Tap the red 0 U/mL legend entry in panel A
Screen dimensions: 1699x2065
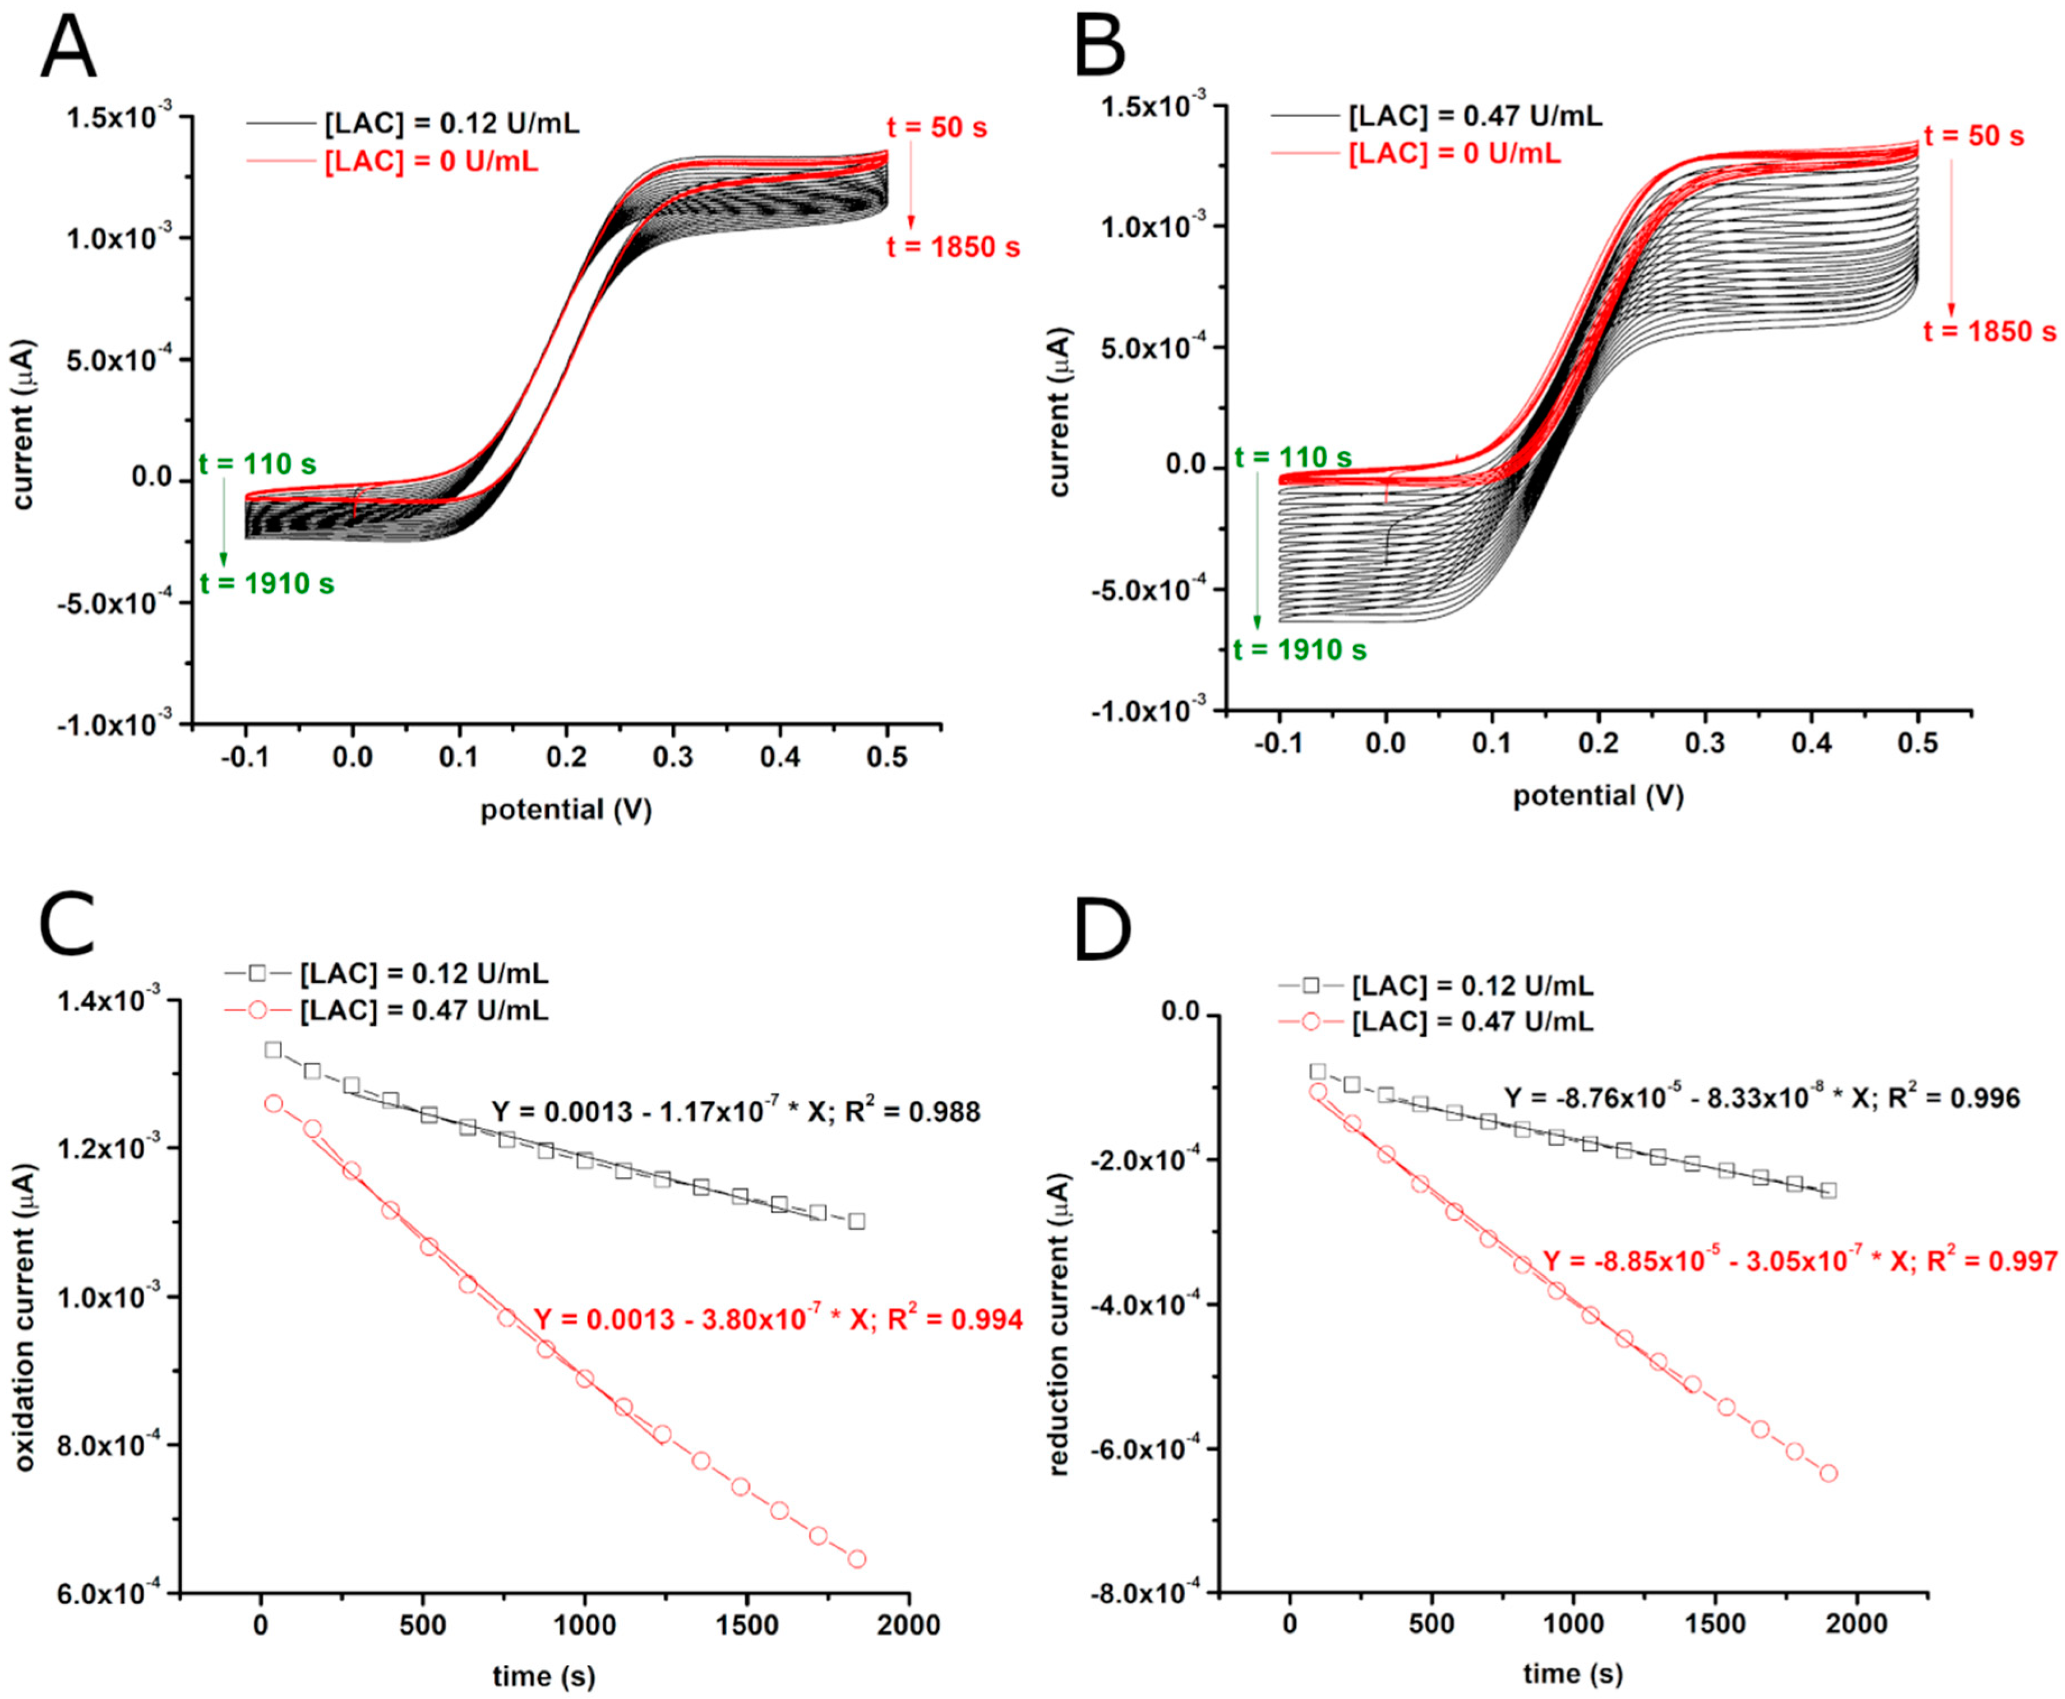(x=431, y=161)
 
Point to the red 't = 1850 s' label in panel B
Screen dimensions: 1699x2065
(x=1989, y=332)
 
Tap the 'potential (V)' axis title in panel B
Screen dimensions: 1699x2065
(x=1598, y=795)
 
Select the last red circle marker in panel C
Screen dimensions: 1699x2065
(x=857, y=1559)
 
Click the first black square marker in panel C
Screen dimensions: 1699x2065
(x=273, y=1050)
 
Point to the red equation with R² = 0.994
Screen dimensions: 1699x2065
(x=778, y=1320)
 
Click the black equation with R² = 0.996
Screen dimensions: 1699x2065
(x=1762, y=1098)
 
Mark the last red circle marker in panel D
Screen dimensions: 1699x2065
(x=1828, y=1501)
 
